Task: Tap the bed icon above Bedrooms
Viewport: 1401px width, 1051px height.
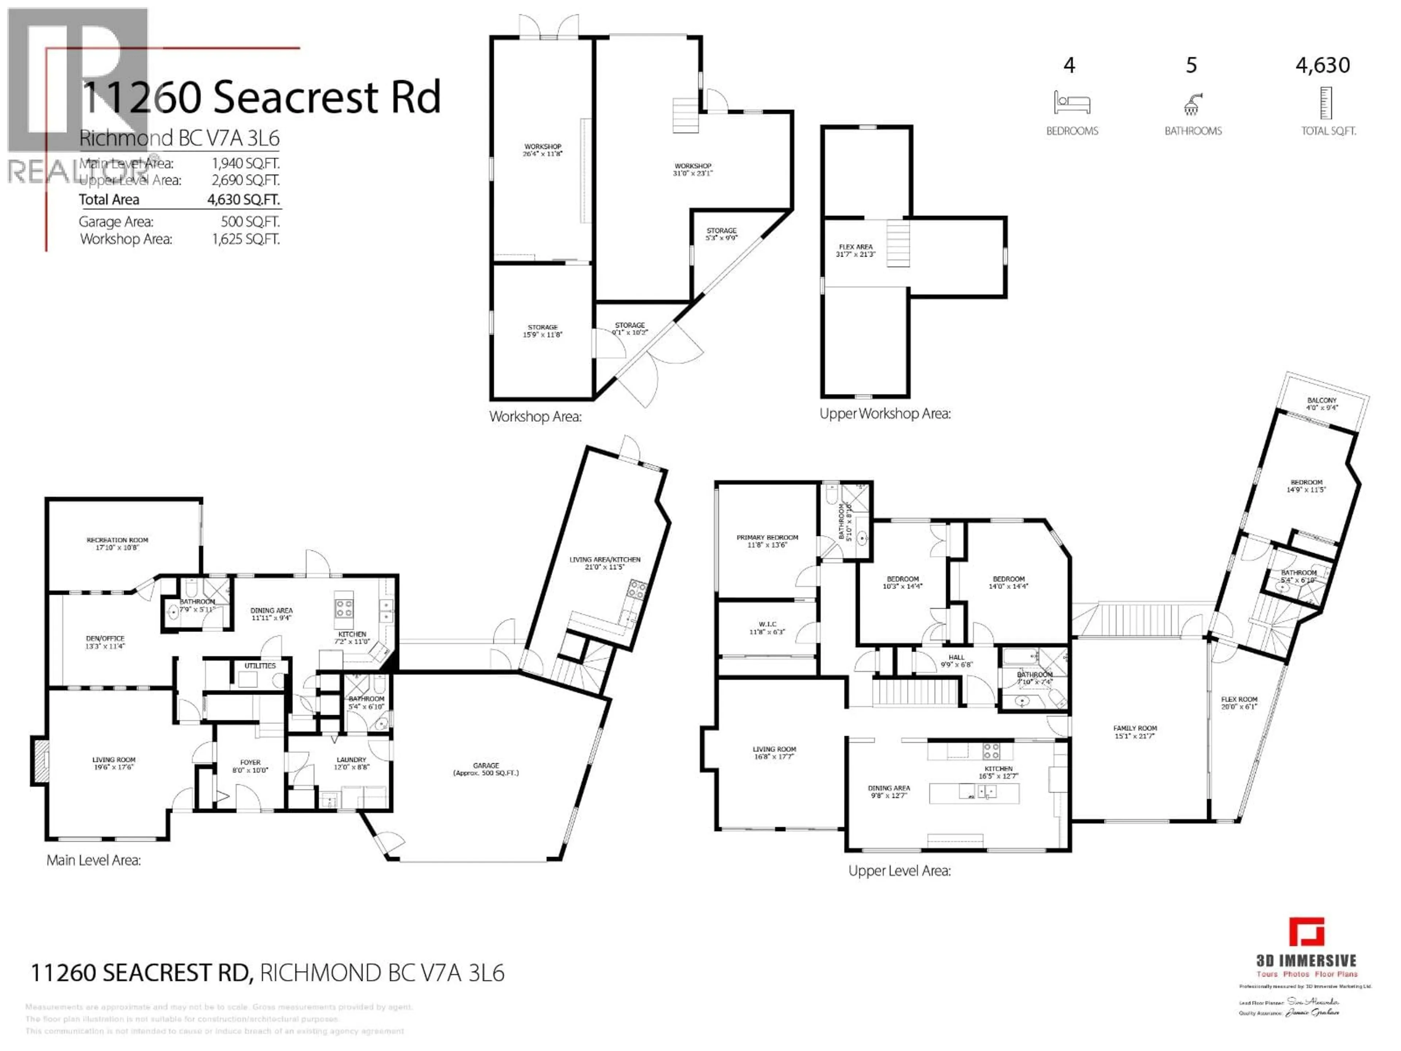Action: click(1072, 103)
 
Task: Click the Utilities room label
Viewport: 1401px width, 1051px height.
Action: click(260, 666)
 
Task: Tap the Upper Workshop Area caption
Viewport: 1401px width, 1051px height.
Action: click(885, 414)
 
